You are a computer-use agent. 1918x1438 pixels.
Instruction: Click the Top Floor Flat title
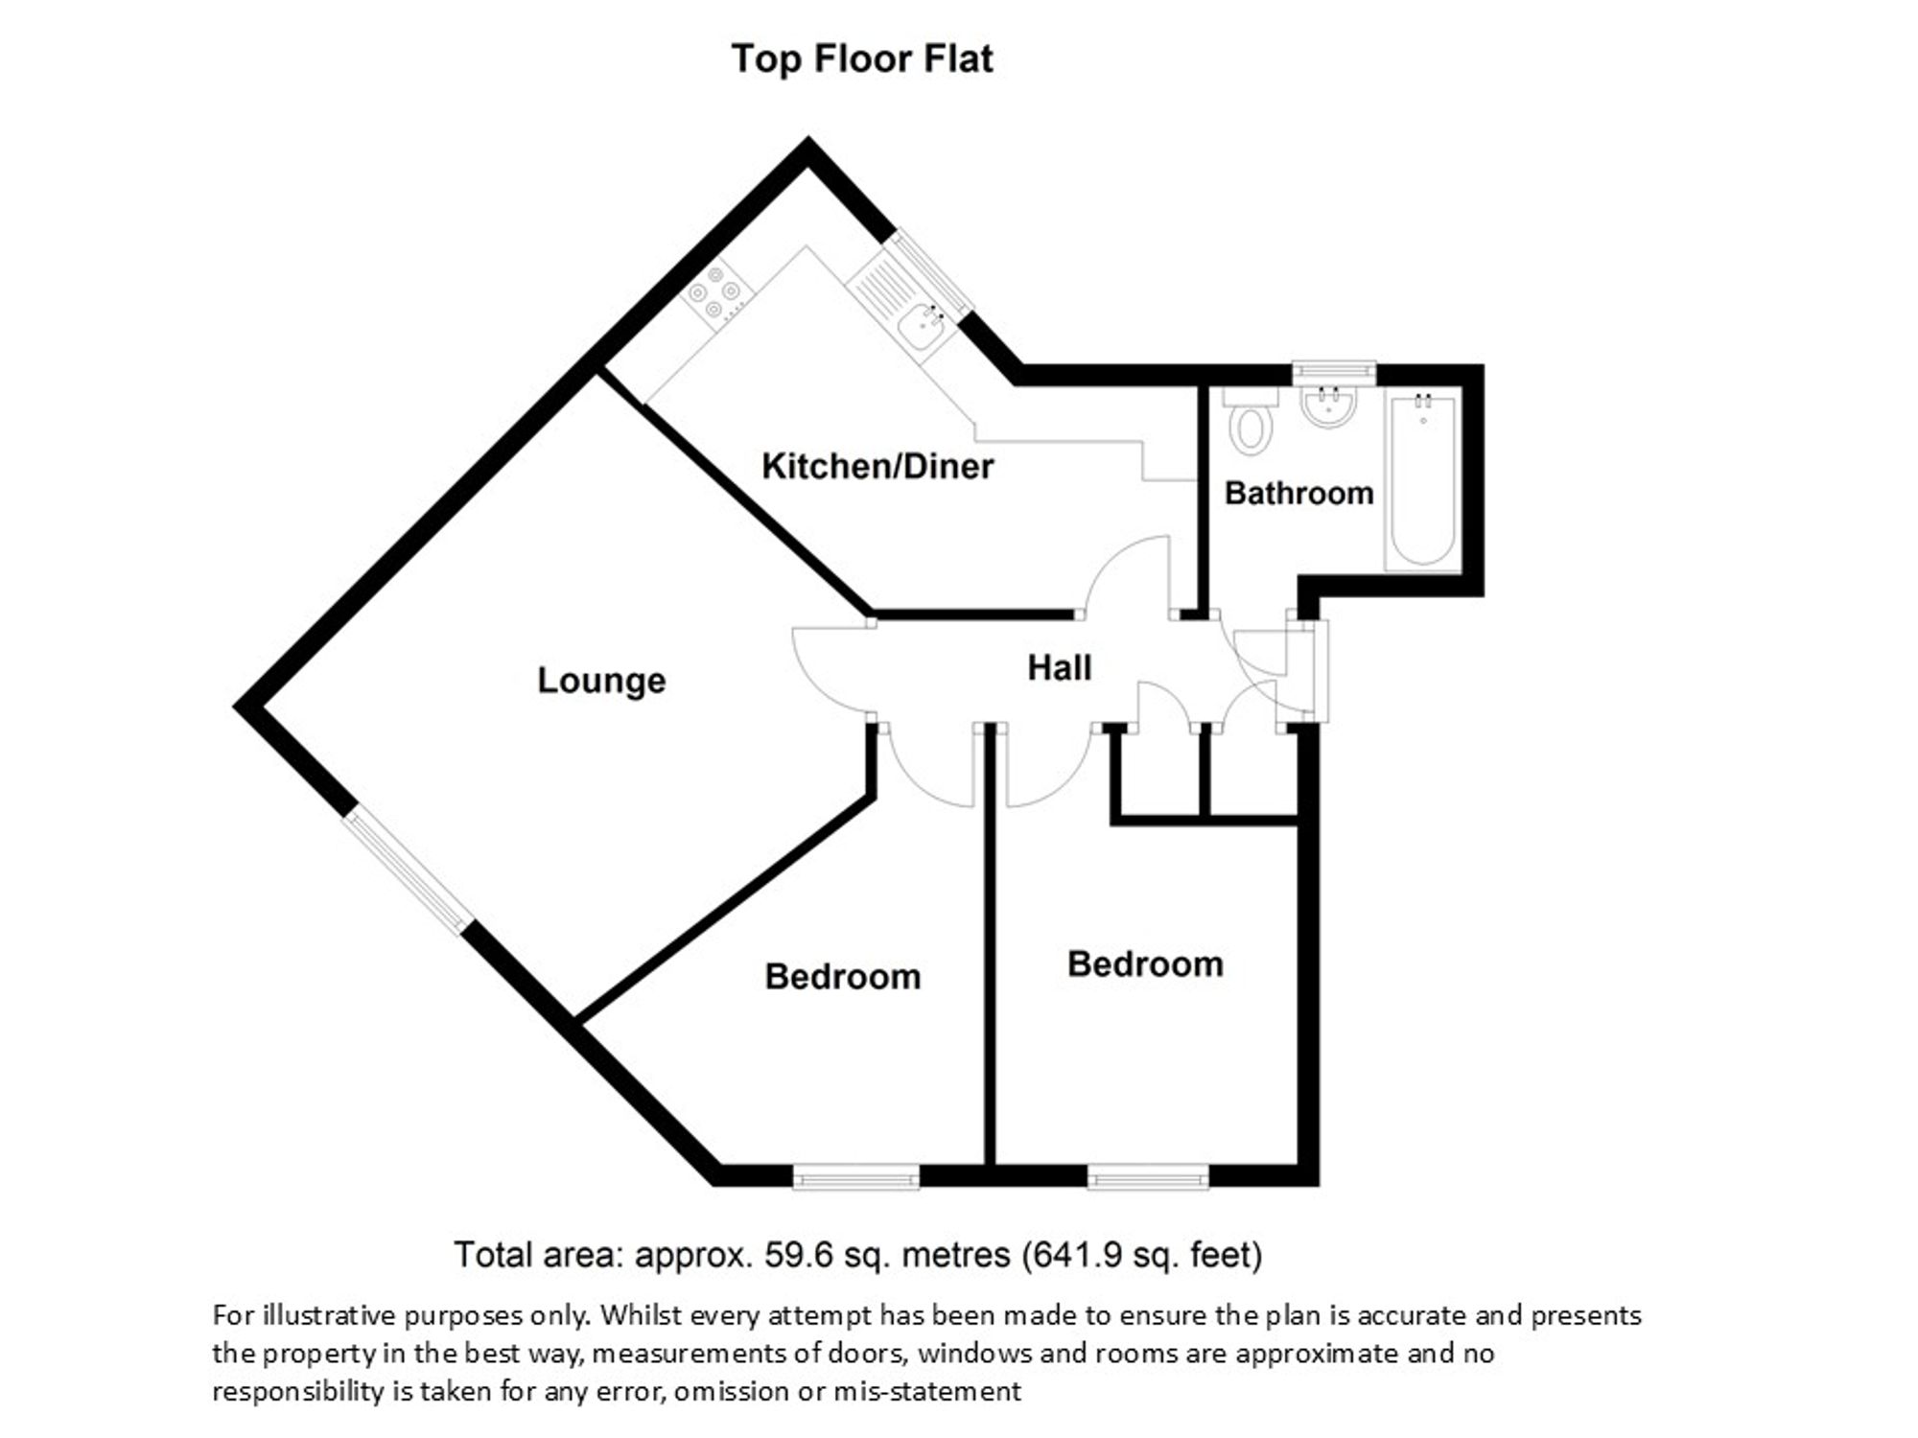(x=862, y=59)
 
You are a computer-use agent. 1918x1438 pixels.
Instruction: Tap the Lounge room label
(x=601, y=680)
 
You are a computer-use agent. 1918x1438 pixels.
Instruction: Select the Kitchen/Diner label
(x=877, y=467)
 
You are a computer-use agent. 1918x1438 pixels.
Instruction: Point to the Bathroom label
(x=1299, y=493)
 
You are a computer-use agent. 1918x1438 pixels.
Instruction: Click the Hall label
(x=1060, y=667)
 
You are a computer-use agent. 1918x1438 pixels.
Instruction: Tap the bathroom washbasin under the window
(x=1328, y=406)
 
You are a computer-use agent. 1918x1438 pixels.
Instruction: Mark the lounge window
(x=409, y=869)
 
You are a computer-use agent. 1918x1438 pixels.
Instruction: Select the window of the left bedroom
(x=856, y=1176)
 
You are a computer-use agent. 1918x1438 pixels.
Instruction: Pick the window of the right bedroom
(x=1148, y=1176)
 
